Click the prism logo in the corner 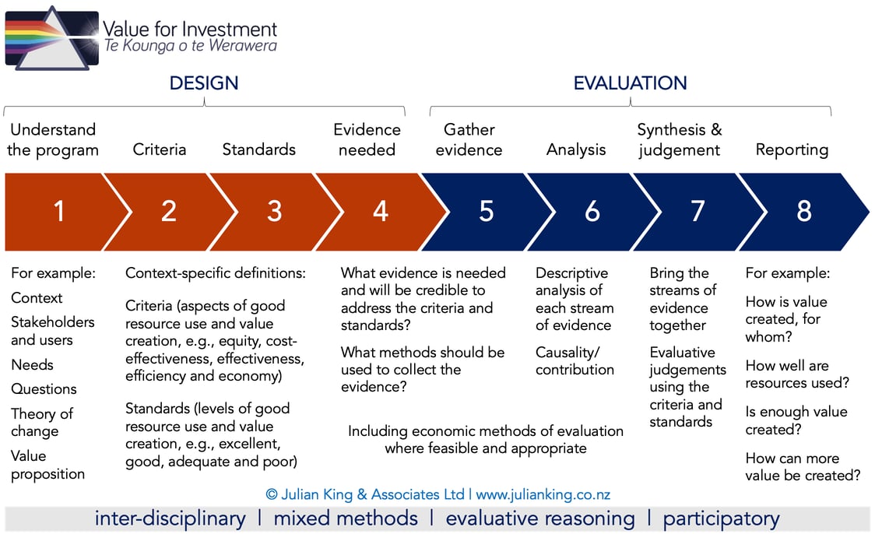pyautogui.click(x=51, y=37)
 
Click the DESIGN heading pyautogui.click(x=204, y=83)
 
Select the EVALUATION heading pyautogui.click(x=630, y=83)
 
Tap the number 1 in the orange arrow pyautogui.click(x=59, y=211)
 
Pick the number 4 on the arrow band pyautogui.click(x=380, y=211)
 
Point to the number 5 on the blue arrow pyautogui.click(x=486, y=211)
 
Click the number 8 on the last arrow pyautogui.click(x=803, y=211)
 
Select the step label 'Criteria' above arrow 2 pyautogui.click(x=160, y=149)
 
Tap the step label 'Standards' pyautogui.click(x=259, y=149)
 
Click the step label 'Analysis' pyautogui.click(x=576, y=149)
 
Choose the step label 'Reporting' pyautogui.click(x=792, y=149)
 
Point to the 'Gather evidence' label pyautogui.click(x=469, y=139)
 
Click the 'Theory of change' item pyautogui.click(x=42, y=422)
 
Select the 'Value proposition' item pyautogui.click(x=47, y=465)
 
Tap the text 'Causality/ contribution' pyautogui.click(x=575, y=360)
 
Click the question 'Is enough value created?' pyautogui.click(x=796, y=420)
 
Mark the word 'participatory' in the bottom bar pyautogui.click(x=721, y=518)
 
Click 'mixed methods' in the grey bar pyautogui.click(x=346, y=518)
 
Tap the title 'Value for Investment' pyautogui.click(x=190, y=30)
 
